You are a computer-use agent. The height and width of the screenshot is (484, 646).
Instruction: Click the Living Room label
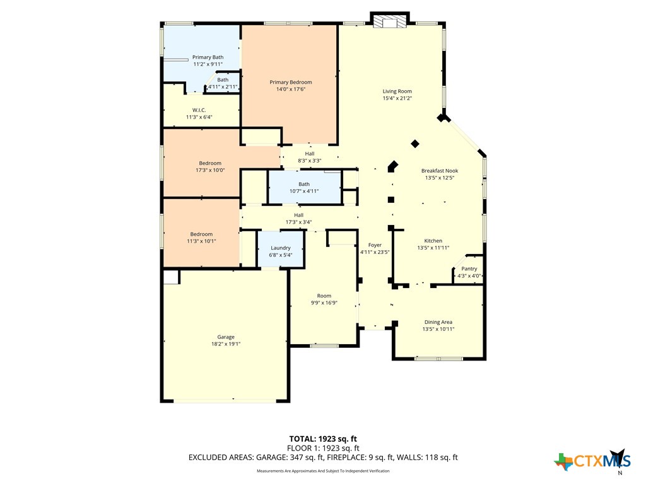(x=397, y=91)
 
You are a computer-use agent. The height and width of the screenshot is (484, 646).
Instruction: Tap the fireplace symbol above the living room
(x=389, y=22)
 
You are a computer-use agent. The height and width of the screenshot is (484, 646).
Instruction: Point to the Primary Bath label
(x=208, y=57)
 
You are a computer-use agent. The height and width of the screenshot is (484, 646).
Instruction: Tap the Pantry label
(x=469, y=268)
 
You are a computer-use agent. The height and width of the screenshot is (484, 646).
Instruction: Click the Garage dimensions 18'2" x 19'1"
(x=226, y=344)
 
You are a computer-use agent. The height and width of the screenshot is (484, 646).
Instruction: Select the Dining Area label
(x=438, y=322)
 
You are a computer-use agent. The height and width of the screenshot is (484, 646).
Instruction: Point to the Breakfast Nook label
(x=440, y=171)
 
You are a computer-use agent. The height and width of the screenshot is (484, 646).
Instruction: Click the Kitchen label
(x=433, y=241)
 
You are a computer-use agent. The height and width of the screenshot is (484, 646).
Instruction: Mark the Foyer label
(x=375, y=245)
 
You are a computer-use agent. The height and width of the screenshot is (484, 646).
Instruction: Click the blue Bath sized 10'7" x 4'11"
(x=304, y=187)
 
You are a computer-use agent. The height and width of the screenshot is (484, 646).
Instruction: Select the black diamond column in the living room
(x=415, y=144)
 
